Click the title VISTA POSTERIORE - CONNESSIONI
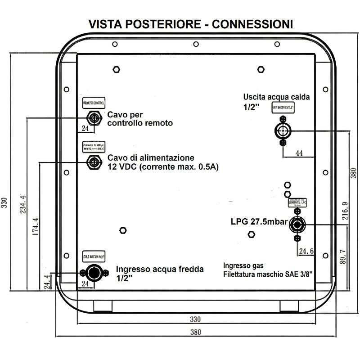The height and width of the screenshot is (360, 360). (x=190, y=24)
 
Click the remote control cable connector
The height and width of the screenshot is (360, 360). (x=94, y=118)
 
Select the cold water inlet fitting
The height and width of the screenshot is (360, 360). (x=94, y=273)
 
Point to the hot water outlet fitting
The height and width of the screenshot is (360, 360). (x=283, y=131)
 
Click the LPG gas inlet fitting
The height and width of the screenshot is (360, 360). (x=297, y=224)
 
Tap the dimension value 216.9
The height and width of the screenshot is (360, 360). (x=345, y=210)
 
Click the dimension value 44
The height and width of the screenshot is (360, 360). (x=299, y=153)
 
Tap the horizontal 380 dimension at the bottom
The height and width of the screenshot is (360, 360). (x=194, y=332)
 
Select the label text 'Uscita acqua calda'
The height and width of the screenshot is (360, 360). (x=276, y=97)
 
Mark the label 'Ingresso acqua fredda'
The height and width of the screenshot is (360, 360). (x=160, y=269)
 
